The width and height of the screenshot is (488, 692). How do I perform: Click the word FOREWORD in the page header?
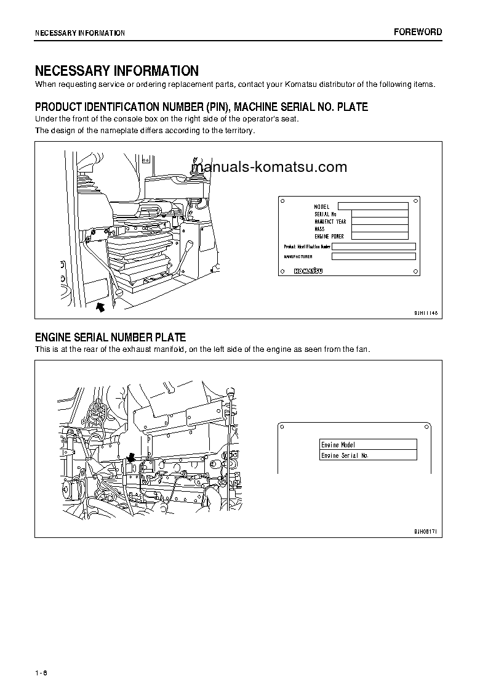tap(418, 32)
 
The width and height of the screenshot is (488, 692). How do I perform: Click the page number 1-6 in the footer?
tap(41, 672)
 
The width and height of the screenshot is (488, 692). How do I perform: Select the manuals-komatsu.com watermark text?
tap(269, 167)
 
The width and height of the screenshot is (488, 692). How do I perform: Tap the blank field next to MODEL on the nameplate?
tap(373, 206)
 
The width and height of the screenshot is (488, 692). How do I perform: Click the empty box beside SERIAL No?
tap(373, 214)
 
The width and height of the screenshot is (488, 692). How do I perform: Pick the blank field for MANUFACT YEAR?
tap(373, 221)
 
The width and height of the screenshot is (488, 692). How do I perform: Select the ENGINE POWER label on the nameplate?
tap(329, 236)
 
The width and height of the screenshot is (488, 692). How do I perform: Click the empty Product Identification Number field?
tap(374, 246)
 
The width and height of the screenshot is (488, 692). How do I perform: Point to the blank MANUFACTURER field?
tap(374, 256)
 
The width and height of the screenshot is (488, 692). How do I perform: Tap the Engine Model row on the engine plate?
tap(368, 444)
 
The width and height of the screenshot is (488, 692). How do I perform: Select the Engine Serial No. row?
tap(368, 455)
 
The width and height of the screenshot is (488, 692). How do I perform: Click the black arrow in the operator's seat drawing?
tap(101, 305)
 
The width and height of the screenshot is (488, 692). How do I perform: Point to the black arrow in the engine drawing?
tap(130, 458)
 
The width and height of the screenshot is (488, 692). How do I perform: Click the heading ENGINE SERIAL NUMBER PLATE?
tap(110, 338)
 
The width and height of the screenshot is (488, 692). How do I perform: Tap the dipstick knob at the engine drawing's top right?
tap(231, 390)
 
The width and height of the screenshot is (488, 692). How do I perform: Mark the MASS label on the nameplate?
tap(319, 229)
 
